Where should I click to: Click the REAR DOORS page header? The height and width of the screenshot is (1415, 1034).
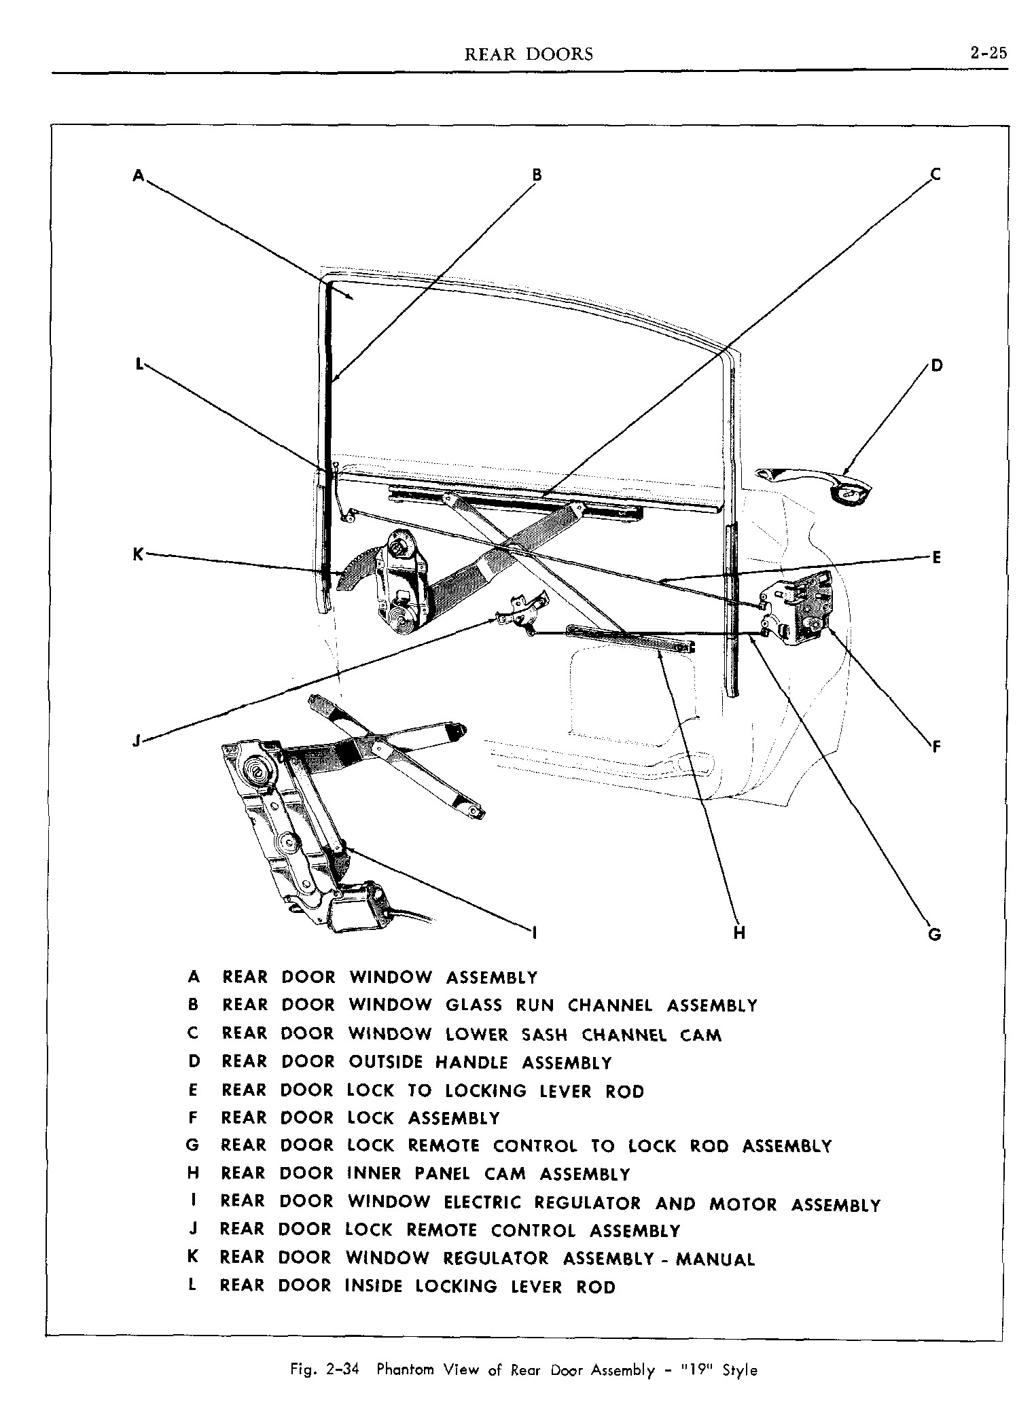pos(528,54)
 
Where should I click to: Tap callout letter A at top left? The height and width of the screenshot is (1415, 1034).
pos(138,175)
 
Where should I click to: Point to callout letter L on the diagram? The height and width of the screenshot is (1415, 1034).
pos(139,365)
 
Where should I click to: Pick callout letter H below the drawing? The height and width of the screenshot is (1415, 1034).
pos(739,933)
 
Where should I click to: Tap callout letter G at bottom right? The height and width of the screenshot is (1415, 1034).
pos(934,935)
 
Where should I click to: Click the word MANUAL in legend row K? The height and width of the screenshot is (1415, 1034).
pos(715,1259)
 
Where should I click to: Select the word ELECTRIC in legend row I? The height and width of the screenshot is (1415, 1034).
pos(482,1204)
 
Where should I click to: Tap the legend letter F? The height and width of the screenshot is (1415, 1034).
pos(194,1118)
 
